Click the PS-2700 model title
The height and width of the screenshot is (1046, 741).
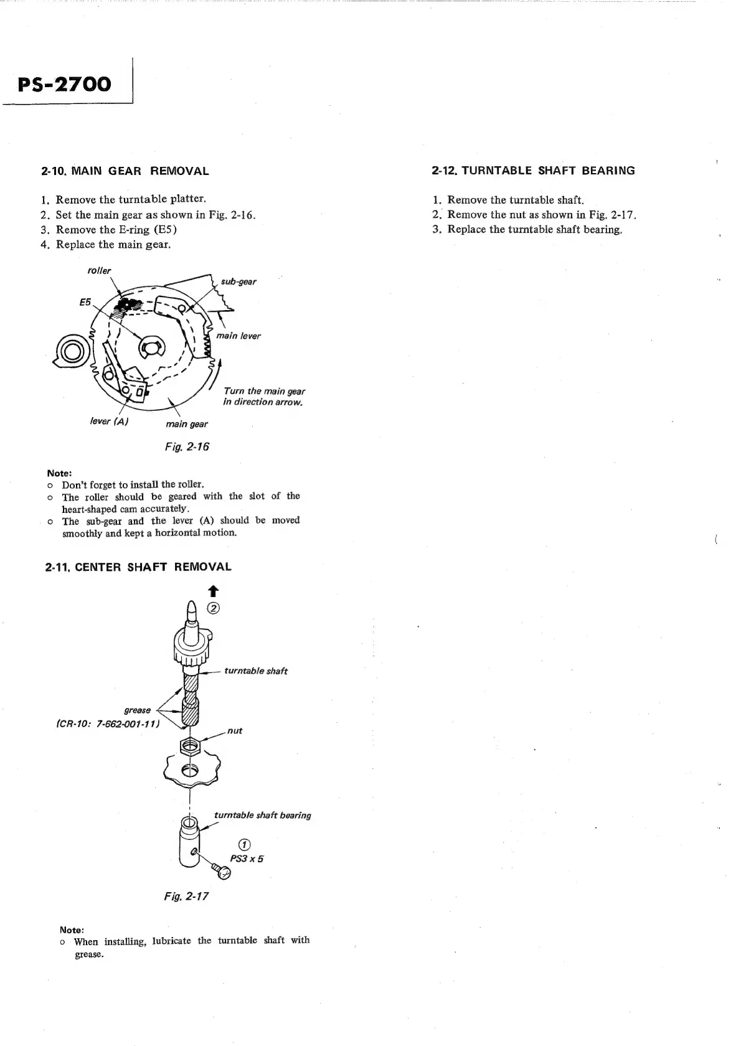(65, 84)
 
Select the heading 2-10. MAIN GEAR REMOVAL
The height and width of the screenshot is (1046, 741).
(125, 171)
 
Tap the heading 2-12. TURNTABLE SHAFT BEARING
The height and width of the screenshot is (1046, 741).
(533, 171)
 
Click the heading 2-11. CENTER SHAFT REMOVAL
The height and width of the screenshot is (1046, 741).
(138, 567)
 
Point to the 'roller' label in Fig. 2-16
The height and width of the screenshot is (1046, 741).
(99, 271)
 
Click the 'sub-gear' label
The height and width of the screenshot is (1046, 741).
(238, 281)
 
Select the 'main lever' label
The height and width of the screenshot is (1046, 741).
(238, 336)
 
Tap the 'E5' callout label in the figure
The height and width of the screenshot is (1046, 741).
(85, 302)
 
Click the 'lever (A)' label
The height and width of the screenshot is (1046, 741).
(109, 422)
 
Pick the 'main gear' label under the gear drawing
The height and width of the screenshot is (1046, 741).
(187, 424)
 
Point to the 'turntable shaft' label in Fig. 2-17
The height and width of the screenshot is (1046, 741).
(256, 671)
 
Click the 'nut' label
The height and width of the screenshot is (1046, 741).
(235, 731)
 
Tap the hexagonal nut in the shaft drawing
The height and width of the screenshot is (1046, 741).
(189, 744)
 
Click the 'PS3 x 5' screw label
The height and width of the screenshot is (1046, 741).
(247, 859)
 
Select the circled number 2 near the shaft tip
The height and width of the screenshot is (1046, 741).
(213, 608)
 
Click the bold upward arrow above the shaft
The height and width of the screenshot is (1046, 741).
(213, 590)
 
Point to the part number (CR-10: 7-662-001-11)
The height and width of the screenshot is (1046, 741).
(108, 724)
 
